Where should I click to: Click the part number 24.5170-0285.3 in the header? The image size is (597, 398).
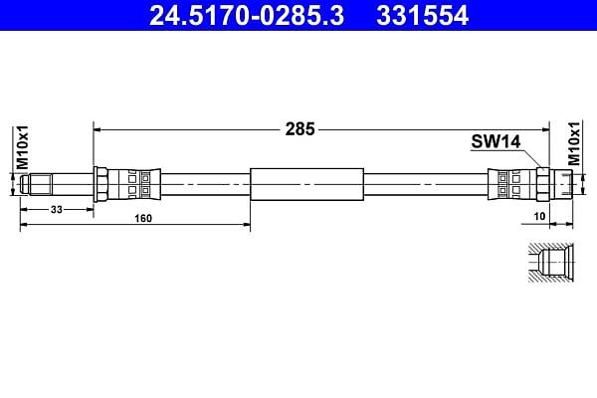click(247, 16)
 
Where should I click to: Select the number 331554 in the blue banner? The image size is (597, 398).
click(422, 16)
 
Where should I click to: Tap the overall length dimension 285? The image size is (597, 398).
click(300, 129)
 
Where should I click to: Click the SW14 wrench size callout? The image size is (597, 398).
click(496, 141)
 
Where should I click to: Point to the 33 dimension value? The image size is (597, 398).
click(57, 210)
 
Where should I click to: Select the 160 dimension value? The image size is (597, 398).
click(143, 218)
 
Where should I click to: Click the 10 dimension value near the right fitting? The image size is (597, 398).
click(540, 216)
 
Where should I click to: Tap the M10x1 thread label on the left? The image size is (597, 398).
click(22, 147)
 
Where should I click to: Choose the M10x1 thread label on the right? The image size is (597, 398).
click(574, 143)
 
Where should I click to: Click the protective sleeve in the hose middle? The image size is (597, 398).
click(306, 184)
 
